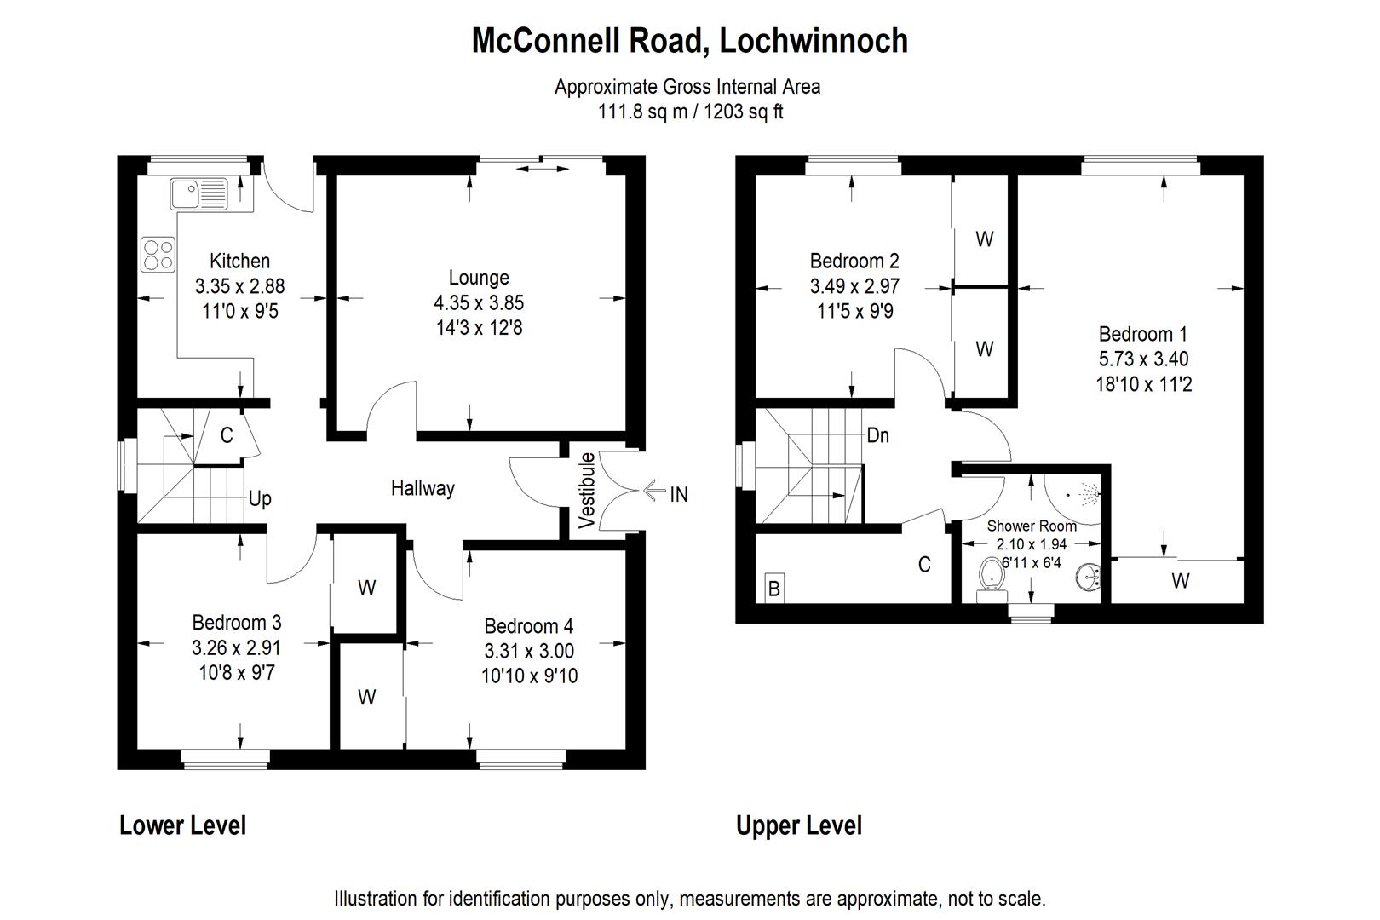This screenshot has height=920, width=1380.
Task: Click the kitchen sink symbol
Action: coord(198,193)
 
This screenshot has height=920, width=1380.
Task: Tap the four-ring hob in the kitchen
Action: coord(158,255)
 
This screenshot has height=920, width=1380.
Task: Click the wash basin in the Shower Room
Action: coord(1088,578)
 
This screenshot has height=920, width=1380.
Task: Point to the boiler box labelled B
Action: coord(774,589)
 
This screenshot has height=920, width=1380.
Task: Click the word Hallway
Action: coord(423,489)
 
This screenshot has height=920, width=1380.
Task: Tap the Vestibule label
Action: coord(586,491)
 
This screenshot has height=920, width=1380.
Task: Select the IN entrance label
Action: coord(678,494)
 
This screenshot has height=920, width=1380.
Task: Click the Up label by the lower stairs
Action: coord(260,498)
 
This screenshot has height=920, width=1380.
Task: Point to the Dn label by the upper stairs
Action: coord(878,435)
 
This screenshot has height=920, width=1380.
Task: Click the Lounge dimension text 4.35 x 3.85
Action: coord(479,302)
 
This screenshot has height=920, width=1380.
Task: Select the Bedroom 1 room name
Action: coord(1143,334)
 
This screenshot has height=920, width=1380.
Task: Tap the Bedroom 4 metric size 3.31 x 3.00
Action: coord(529,651)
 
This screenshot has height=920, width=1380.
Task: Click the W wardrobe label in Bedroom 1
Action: coord(1181,580)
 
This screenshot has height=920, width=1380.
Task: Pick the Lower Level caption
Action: coord(182,825)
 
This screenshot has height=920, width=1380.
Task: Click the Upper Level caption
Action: coord(799,826)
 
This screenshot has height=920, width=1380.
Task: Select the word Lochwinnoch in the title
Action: coord(814,41)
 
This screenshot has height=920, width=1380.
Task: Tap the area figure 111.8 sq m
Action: coord(642,112)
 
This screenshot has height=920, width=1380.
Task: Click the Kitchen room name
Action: coord(239,262)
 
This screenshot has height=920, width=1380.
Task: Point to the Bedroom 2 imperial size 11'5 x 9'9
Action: coord(854,311)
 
